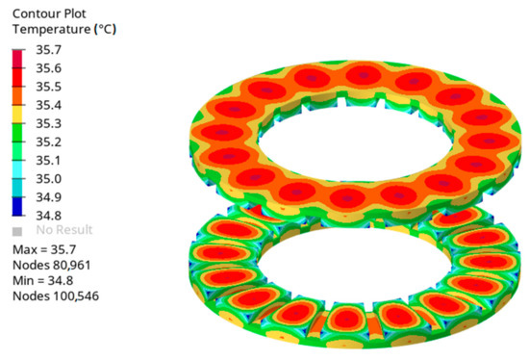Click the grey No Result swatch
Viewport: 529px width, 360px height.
(19, 231)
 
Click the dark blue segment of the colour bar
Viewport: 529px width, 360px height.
(19, 207)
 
